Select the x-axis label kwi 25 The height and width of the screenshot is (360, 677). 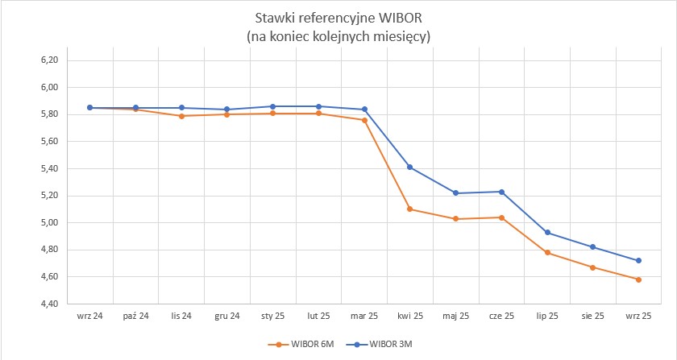pos(410,317)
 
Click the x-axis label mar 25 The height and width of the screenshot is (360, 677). pos(364,317)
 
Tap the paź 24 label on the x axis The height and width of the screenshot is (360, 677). pos(136,317)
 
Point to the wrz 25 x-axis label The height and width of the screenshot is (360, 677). pos(638,317)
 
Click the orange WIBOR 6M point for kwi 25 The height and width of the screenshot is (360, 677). pos(410,209)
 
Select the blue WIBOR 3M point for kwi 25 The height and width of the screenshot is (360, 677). pos(410,168)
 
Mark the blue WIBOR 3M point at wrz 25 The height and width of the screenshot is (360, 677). pos(638,261)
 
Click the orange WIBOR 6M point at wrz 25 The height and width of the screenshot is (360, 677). pos(638,280)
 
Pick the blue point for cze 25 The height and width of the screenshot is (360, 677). pos(501,192)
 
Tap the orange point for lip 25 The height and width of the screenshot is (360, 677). pos(547,253)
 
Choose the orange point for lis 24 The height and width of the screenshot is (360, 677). pos(182,116)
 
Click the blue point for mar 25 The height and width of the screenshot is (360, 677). pos(364,110)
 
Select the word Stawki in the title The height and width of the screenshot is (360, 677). pos(272,19)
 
